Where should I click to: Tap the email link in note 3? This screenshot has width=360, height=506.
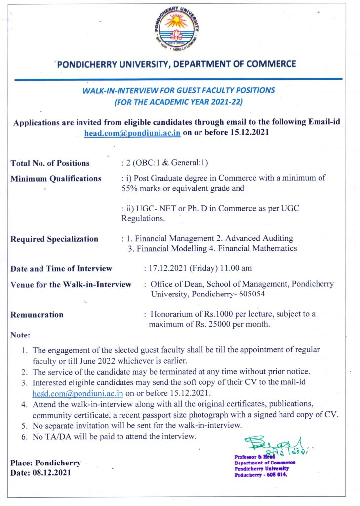[78, 393]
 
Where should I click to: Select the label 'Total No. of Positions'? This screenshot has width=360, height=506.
[50, 163]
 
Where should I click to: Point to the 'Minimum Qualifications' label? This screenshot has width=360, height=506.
[56, 179]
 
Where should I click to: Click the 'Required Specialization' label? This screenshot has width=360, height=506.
[54, 239]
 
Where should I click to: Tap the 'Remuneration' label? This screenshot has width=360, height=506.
[37, 314]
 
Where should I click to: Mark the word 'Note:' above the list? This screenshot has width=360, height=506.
[20, 335]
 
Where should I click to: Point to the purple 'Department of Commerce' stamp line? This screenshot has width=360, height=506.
[265, 463]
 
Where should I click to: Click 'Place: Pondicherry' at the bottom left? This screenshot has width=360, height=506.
[45, 463]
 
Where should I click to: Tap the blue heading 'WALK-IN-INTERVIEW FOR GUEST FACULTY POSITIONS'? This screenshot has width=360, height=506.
[178, 90]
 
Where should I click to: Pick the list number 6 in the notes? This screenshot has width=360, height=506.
[24, 436]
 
